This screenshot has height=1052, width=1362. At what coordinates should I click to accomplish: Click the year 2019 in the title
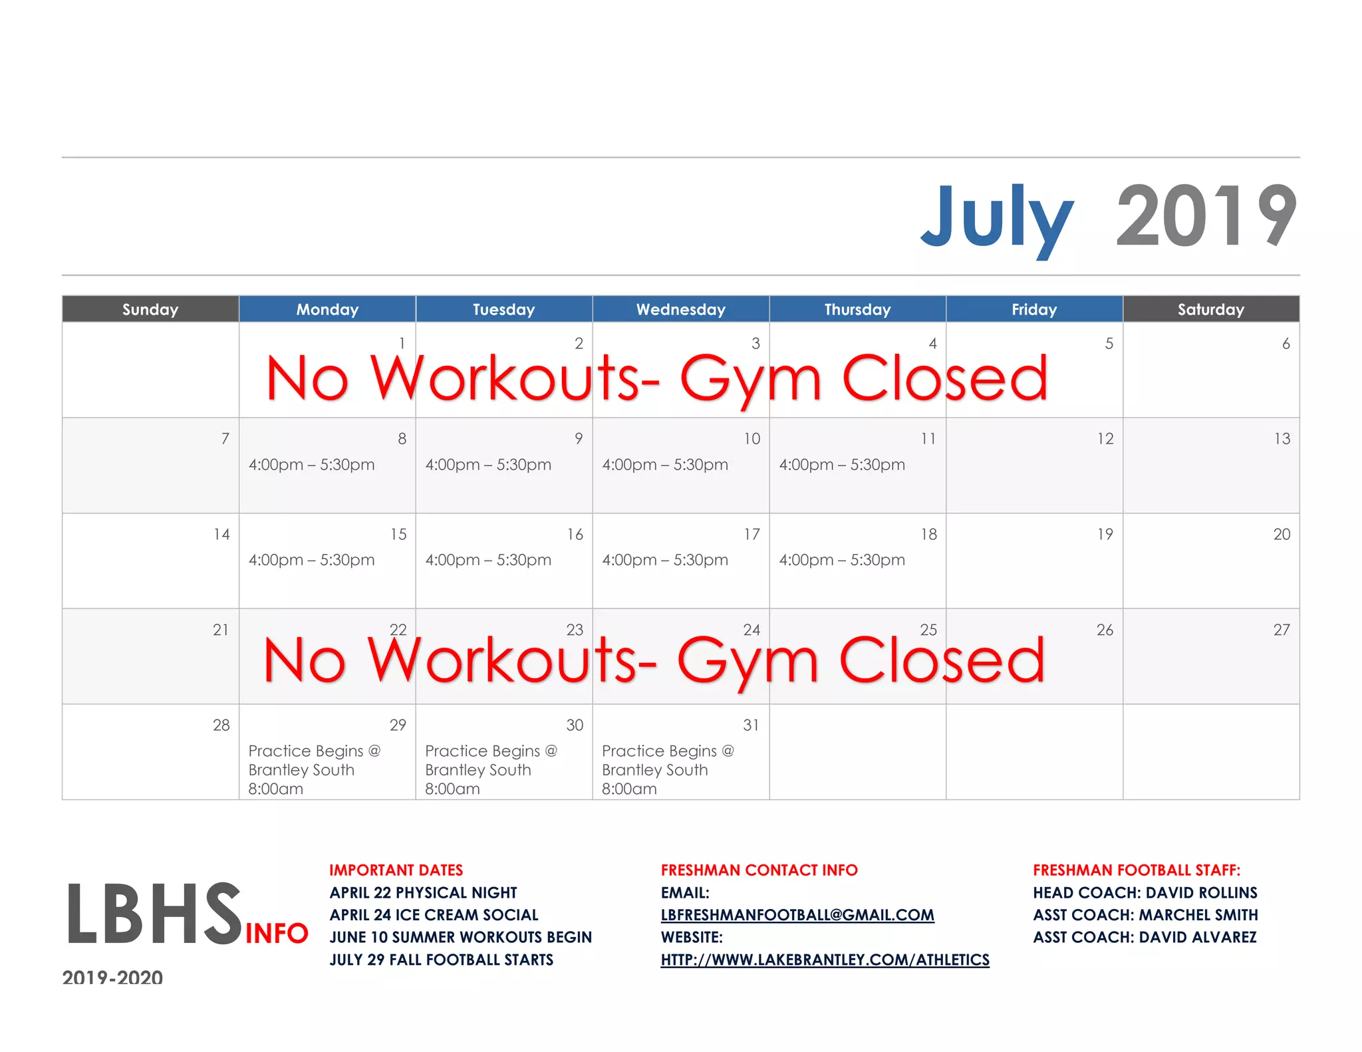[1206, 217]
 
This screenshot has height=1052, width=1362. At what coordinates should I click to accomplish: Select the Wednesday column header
[680, 309]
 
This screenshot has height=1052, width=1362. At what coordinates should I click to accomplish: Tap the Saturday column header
[1210, 309]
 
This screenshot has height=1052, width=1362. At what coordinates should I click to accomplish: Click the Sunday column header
[150, 309]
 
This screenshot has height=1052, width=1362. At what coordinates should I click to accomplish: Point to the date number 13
[1282, 439]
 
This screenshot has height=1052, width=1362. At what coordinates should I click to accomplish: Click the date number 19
[1105, 535]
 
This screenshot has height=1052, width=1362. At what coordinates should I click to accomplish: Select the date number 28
[221, 725]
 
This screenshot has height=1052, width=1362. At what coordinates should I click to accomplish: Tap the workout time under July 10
[665, 465]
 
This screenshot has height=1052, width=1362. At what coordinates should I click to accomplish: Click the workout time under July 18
[842, 560]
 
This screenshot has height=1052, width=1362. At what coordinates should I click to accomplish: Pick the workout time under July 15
[311, 560]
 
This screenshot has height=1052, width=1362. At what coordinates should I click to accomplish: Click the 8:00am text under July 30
[452, 789]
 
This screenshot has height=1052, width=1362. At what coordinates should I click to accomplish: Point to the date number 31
[751, 725]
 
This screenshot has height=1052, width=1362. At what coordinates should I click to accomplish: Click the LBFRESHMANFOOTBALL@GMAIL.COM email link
[797, 915]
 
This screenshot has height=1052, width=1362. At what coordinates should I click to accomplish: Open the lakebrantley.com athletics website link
[825, 960]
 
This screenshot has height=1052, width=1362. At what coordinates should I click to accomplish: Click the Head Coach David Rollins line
[1145, 892]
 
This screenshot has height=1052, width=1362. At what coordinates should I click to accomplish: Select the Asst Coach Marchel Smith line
[1145, 915]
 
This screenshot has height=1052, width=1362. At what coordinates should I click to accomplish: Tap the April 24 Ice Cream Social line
[434, 915]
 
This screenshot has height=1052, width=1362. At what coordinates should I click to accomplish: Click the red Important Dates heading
[396, 870]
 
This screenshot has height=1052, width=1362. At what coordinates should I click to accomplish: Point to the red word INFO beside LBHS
[277, 934]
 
